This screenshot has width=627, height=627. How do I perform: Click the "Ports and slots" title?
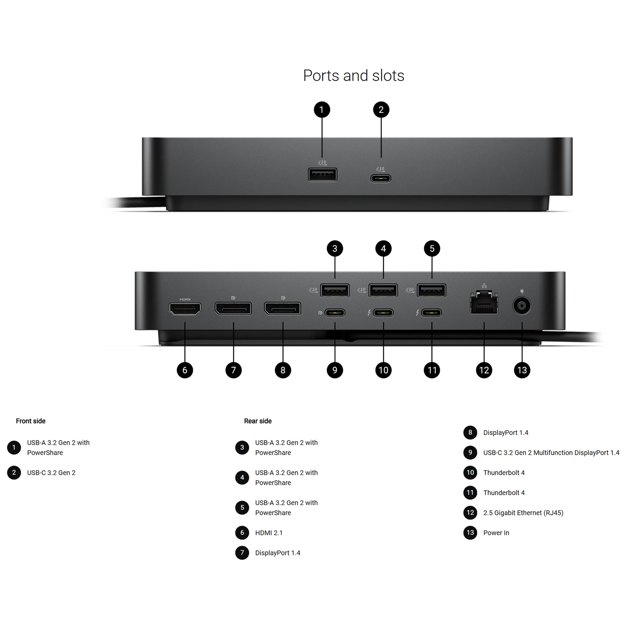coord(353,76)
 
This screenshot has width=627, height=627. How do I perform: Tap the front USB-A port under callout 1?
coord(323,174)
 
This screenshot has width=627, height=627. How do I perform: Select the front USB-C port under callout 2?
coord(381,179)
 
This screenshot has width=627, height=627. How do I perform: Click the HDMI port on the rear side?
coord(185,309)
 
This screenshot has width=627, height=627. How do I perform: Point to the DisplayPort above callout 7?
coord(233,308)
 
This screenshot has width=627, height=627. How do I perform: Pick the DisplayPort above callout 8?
coord(283,308)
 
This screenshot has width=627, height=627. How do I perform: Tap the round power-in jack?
coord(522,306)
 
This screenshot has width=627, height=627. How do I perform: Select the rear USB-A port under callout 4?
coord(383,290)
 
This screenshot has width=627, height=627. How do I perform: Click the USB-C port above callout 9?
coord(335,313)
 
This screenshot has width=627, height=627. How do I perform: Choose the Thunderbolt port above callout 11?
coord(432,313)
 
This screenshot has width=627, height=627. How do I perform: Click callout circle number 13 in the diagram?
coord(522,370)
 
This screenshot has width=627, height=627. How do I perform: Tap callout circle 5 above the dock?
coord(432,248)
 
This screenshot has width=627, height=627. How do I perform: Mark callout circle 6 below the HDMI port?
coord(185,370)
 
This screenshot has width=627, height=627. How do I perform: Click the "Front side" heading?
coord(31,421)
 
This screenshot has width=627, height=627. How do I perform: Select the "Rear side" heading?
coord(258,421)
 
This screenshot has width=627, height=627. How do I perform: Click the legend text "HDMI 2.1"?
coord(269,533)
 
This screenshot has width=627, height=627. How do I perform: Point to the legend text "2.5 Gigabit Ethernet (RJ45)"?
coord(523,513)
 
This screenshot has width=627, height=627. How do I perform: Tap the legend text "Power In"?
coord(496,533)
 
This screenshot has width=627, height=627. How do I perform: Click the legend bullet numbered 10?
coord(470,473)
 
